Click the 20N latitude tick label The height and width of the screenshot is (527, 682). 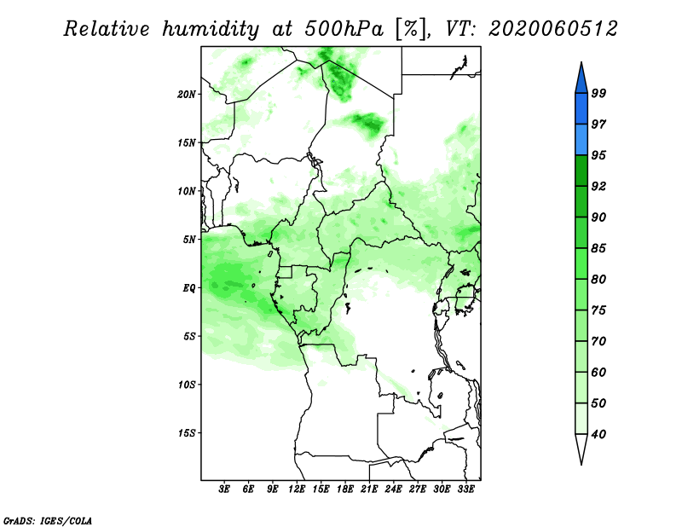click(x=187, y=95)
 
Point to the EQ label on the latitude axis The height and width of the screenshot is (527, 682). click(x=189, y=288)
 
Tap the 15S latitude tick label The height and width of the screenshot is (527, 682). click(x=187, y=433)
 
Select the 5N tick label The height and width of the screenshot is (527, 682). click(x=189, y=240)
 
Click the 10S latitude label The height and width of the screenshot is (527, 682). click(x=187, y=385)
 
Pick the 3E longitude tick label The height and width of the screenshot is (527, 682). click(x=224, y=489)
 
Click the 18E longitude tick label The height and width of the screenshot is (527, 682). click(x=345, y=489)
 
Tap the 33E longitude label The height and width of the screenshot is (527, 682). click(x=465, y=489)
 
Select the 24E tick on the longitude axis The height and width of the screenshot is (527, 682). click(x=393, y=489)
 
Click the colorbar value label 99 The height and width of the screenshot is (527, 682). click(x=598, y=93)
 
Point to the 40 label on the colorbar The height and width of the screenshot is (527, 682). click(x=598, y=434)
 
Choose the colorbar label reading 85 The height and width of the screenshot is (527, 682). click(x=598, y=248)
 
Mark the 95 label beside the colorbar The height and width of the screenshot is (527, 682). click(x=598, y=155)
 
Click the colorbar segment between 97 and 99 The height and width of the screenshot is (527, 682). click(x=581, y=109)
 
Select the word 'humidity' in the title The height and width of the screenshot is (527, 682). click(x=211, y=30)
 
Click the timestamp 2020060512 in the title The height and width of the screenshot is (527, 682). click(x=552, y=29)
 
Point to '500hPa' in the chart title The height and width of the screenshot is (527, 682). click(x=344, y=29)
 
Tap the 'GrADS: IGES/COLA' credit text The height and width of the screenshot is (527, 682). click(x=48, y=520)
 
